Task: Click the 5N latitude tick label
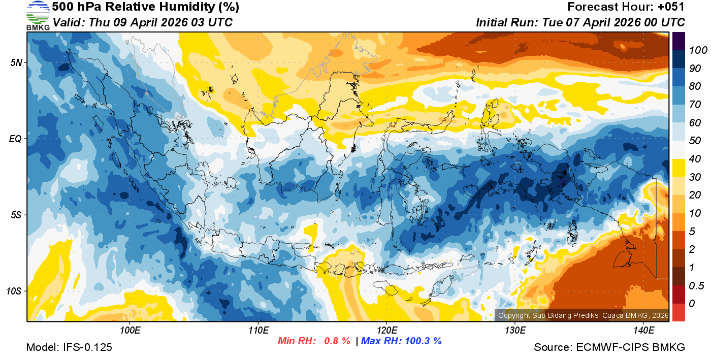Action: coord(16,62)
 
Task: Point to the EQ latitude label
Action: coord(16,139)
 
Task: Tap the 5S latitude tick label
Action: coord(16,215)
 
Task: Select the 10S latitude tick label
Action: coord(14,291)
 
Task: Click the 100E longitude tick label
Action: coord(130,331)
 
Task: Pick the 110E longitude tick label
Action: coord(258,331)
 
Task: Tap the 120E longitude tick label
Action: coord(386,331)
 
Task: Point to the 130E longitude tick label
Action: coord(515,331)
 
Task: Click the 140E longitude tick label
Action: coord(643,331)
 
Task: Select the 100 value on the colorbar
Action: coord(695,50)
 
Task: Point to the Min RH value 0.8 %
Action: coord(337,341)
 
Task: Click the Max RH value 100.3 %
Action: coord(421,341)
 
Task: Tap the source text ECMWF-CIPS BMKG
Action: coord(631,347)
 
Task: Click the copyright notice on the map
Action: coord(583,315)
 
